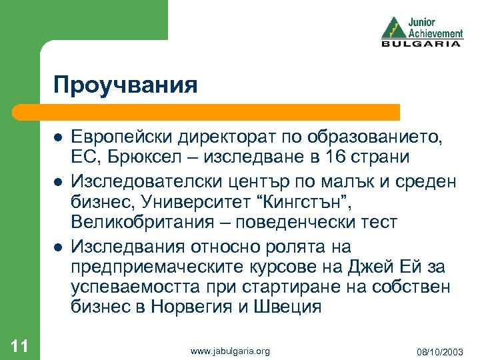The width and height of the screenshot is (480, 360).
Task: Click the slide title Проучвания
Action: pyautogui.click(x=126, y=85)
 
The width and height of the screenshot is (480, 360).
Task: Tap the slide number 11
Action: pyautogui.click(x=19, y=345)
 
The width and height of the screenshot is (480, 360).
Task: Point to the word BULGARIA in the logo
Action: pyautogui.click(x=421, y=44)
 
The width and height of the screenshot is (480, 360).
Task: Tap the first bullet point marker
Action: pyautogui.click(x=58, y=137)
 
